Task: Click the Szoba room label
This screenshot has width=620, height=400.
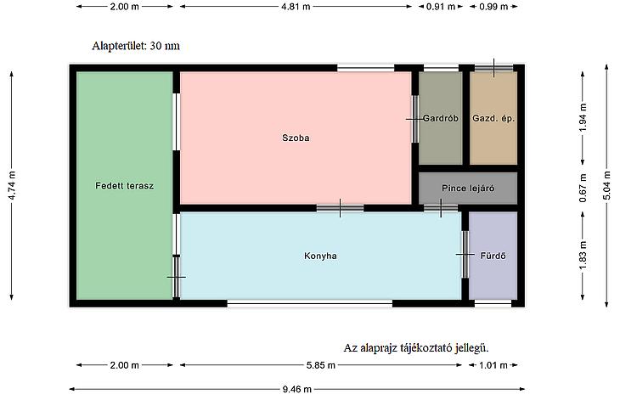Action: click(x=296, y=138)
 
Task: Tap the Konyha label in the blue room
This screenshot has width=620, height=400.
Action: click(x=320, y=256)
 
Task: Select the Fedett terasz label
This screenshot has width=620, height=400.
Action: click(x=125, y=186)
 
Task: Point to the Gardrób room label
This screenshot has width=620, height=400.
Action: click(x=441, y=118)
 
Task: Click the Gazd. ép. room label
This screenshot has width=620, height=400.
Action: click(x=493, y=118)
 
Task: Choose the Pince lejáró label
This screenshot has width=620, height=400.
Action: click(x=468, y=189)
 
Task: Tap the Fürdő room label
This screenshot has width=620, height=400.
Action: click(x=493, y=256)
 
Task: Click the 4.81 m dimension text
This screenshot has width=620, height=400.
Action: click(x=296, y=6)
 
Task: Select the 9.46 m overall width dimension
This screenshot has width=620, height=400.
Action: click(x=297, y=389)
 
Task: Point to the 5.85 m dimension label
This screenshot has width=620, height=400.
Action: click(x=321, y=365)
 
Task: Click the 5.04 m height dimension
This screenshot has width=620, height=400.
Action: click(x=607, y=185)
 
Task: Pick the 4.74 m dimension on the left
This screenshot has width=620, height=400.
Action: click(x=12, y=185)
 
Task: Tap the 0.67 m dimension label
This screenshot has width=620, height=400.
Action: click(x=583, y=189)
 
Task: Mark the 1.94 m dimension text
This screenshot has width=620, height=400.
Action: click(x=583, y=118)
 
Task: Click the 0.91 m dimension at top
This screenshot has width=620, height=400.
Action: click(x=441, y=6)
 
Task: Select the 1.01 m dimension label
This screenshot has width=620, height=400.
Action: click(x=493, y=365)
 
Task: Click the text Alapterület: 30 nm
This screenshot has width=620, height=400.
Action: click(x=136, y=46)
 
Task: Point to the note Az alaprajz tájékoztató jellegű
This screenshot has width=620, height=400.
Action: click(x=416, y=348)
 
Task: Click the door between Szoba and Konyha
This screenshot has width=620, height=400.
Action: click(x=340, y=208)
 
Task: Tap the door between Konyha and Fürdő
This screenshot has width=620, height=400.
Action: click(x=465, y=255)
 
